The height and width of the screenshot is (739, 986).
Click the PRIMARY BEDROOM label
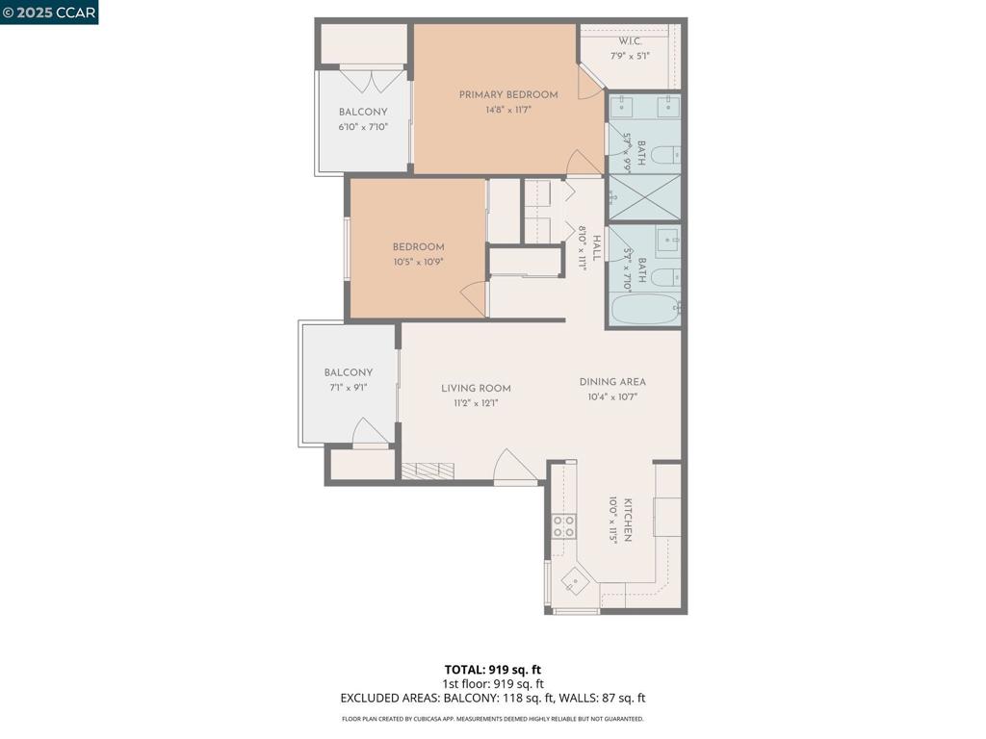507,94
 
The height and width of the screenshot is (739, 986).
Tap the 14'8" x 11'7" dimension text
507,110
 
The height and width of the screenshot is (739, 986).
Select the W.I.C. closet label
631,41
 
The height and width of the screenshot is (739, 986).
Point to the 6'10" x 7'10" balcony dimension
363,127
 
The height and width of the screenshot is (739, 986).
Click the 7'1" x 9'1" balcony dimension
348,388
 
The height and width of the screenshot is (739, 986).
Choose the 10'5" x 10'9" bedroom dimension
418,262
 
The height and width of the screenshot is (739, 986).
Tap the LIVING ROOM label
476,389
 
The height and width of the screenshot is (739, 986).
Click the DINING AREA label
612,382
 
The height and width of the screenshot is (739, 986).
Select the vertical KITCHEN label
628,520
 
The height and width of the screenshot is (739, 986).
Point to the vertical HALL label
596,248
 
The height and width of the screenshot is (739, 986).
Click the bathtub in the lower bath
644,310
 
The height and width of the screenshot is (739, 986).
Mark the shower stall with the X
644,197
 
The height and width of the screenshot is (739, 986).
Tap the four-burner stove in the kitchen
563,526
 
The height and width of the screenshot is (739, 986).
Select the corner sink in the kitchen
574,580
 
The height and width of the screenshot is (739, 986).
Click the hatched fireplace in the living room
428,470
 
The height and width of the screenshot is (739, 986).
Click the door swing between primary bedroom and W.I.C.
589,82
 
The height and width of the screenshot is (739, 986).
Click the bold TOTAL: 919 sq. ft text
493,670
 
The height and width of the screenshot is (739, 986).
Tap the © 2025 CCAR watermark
49,12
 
